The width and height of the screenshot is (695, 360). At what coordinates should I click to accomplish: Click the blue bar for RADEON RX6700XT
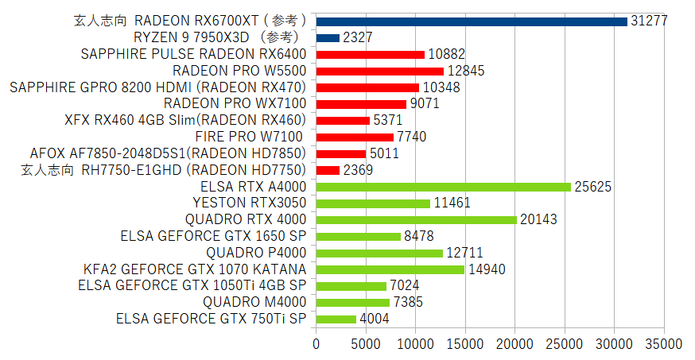pos(472,21)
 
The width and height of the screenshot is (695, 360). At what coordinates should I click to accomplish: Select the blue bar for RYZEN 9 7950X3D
pos(328,37)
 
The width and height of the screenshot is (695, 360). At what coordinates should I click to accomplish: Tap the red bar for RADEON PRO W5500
pos(380,71)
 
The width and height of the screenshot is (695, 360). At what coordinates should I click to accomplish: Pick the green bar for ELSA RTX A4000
pos(444,187)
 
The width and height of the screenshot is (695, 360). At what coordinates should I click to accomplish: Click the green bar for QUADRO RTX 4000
pos(416,219)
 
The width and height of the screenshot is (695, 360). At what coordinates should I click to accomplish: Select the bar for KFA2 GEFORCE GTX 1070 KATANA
pos(390,269)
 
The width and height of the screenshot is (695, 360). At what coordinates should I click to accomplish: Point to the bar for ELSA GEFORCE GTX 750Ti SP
pos(336,319)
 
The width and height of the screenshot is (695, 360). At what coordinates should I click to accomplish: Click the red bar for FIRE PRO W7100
pos(355,137)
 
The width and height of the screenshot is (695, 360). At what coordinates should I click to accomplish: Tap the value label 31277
pos(649,21)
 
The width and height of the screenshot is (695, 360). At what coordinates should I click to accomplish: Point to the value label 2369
pos(358,170)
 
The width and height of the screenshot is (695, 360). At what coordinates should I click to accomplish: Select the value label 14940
pos(487,269)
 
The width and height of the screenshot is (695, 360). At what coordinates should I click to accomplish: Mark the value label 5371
pos(389,121)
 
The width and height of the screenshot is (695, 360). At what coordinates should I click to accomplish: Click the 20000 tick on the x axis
pos(515,344)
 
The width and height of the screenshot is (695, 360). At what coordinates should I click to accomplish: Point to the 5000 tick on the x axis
pos(366,344)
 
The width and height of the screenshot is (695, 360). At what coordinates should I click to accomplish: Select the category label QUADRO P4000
pos(254,253)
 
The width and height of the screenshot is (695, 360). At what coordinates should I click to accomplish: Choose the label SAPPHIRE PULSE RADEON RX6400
pos(194,54)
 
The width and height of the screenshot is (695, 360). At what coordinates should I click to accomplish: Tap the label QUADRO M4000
pos(254,302)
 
